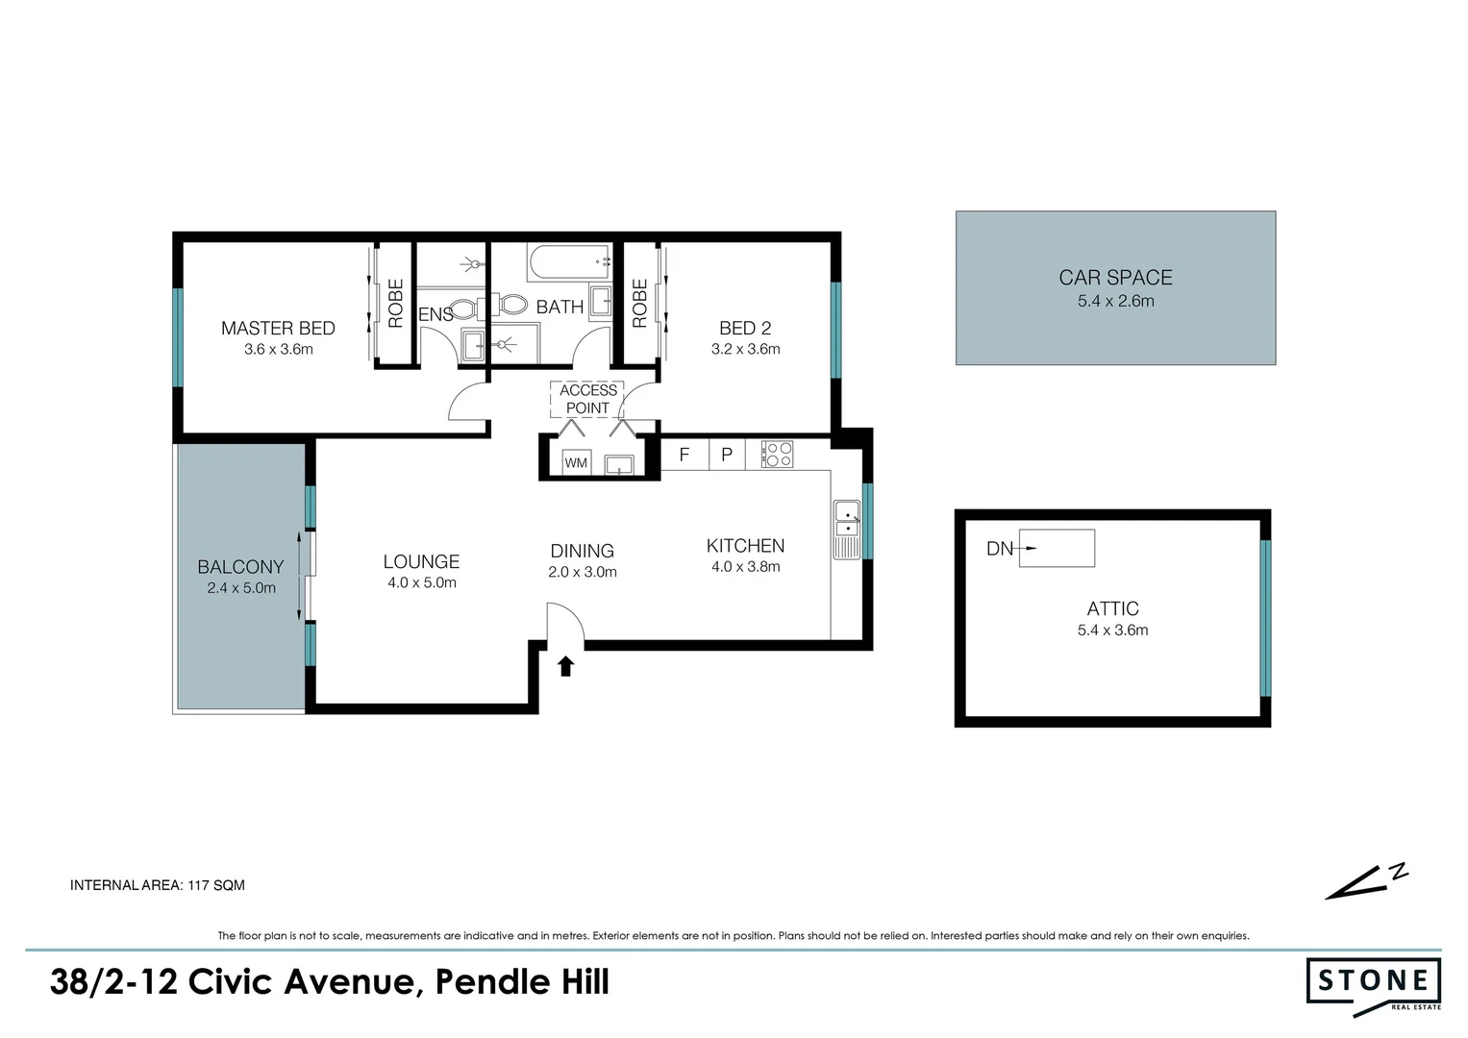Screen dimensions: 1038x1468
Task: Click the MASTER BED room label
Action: (278, 329)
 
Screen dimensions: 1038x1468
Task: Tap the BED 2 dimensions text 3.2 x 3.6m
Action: (745, 350)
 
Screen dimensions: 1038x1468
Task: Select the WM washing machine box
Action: (576, 463)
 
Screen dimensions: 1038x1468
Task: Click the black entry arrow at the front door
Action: (565, 665)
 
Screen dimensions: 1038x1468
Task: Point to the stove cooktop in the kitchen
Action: (777, 455)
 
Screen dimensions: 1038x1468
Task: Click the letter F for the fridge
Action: (684, 455)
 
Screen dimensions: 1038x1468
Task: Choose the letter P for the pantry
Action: (727, 455)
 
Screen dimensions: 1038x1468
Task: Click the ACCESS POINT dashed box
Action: (587, 399)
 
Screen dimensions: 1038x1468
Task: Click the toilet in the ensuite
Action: (464, 309)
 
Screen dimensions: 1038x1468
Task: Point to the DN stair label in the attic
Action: (1000, 549)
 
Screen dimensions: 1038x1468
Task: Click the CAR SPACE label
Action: (1115, 278)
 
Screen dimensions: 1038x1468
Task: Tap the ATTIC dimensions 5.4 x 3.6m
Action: (1112, 630)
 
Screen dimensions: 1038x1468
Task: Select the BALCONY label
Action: (240, 567)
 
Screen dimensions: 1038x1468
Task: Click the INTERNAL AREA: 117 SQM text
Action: (158, 885)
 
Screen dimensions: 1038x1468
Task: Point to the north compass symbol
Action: (1366, 881)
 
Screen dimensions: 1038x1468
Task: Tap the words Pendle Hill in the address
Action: (522, 982)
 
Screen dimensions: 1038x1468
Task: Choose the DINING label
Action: (582, 551)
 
